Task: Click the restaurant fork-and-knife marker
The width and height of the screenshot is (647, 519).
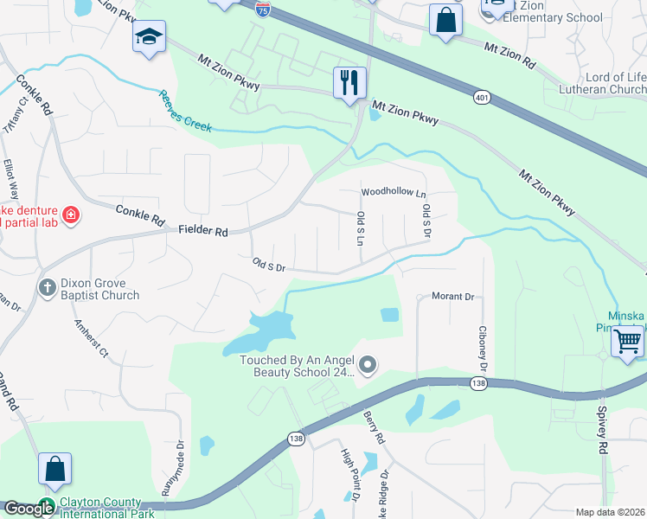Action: [x=350, y=83]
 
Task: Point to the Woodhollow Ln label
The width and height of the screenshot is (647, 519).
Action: [x=394, y=191]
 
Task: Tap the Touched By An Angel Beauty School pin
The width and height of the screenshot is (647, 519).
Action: [x=368, y=366]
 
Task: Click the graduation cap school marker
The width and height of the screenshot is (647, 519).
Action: [x=149, y=37]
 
